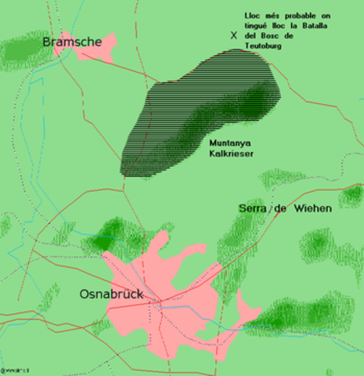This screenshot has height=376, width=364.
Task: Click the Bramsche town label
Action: click(x=72, y=41)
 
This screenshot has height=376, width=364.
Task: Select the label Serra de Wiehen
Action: click(x=285, y=209)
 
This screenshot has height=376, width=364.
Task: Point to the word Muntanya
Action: click(x=230, y=143)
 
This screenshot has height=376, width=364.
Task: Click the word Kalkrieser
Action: click(x=231, y=154)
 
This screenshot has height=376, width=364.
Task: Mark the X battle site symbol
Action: click(x=232, y=35)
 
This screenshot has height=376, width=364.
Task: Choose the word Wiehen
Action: click(x=313, y=209)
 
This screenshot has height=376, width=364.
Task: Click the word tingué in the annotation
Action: click(x=256, y=27)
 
